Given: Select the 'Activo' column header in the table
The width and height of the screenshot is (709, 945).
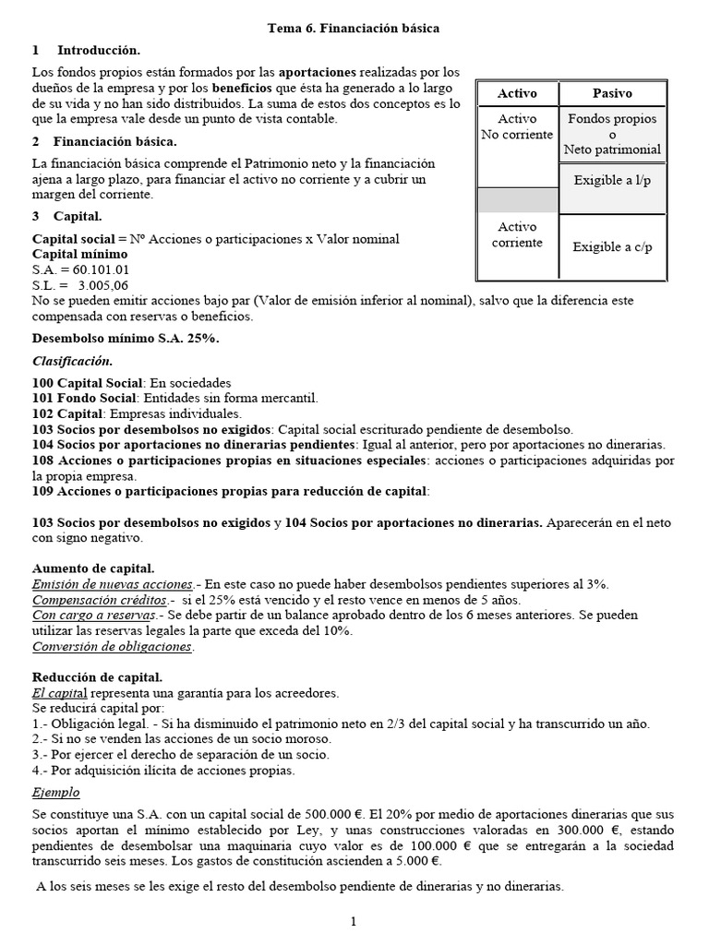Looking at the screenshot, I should [517, 93].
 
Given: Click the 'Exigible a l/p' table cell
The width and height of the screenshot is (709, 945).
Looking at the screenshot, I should [611, 180].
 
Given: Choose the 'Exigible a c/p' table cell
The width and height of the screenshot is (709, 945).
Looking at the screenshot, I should [611, 246].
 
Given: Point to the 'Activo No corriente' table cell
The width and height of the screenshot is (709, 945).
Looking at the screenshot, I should [517, 127].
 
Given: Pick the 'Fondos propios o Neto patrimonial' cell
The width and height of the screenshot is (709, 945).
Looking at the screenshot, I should [611, 134].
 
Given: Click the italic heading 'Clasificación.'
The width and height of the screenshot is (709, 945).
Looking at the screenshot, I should [72, 361].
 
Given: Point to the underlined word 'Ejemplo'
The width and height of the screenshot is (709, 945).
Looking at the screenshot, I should [56, 793].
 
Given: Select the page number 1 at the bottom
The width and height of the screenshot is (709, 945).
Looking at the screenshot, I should [354, 921].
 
